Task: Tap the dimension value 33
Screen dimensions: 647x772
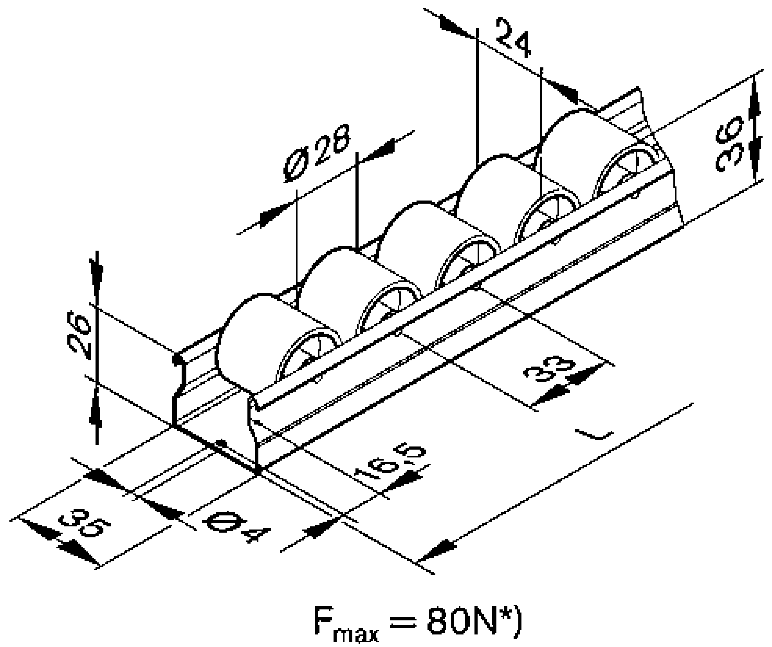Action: (548, 370)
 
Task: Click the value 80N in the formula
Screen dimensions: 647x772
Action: (458, 622)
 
